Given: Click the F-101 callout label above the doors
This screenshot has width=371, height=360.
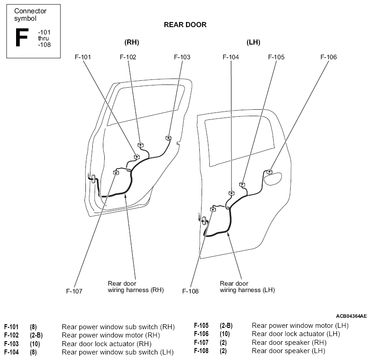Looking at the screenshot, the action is click(x=83, y=57).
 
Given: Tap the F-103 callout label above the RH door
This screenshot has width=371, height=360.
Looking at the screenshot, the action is click(x=182, y=57).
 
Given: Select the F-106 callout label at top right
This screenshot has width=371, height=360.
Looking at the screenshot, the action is click(x=328, y=57).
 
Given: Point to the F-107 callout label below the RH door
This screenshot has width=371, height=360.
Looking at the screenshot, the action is click(x=74, y=291).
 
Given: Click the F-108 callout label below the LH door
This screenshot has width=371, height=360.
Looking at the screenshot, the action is click(x=190, y=291).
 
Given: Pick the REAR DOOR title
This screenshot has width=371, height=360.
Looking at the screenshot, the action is click(x=185, y=25).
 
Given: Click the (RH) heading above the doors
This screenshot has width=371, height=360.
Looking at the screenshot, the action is click(x=132, y=42).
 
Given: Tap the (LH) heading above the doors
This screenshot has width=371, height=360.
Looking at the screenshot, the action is click(x=253, y=42).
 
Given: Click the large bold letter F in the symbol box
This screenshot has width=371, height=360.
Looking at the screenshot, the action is click(x=22, y=37).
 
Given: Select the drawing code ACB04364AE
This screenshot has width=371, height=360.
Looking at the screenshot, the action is click(x=351, y=316).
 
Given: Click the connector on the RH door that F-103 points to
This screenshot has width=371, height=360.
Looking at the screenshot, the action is click(x=168, y=138).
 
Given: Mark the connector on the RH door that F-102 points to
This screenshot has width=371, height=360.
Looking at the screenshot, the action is click(x=141, y=145).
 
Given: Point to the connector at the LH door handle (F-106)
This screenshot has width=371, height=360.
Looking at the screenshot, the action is click(x=269, y=172).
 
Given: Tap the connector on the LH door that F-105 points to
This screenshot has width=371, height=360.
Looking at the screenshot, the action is click(x=242, y=184).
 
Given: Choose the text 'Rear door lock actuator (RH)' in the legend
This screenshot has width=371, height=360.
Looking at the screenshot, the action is click(x=107, y=343).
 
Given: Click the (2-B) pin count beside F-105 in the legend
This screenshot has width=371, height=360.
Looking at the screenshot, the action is click(x=226, y=326).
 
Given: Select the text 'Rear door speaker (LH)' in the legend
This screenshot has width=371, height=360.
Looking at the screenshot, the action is click(x=288, y=351).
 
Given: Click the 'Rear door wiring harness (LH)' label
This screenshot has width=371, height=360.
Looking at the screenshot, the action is click(x=247, y=287).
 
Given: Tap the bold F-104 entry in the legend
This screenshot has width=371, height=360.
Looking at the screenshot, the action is click(x=11, y=352).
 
